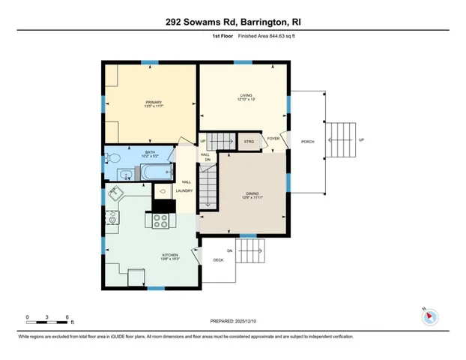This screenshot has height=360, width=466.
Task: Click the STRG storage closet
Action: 248,140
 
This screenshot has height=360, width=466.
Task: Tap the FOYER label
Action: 273,138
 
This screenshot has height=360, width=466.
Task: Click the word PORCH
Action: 307,141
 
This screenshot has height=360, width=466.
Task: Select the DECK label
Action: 218,260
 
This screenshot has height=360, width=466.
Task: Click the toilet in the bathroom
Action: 111,158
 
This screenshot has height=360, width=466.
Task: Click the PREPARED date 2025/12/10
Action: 233,320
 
